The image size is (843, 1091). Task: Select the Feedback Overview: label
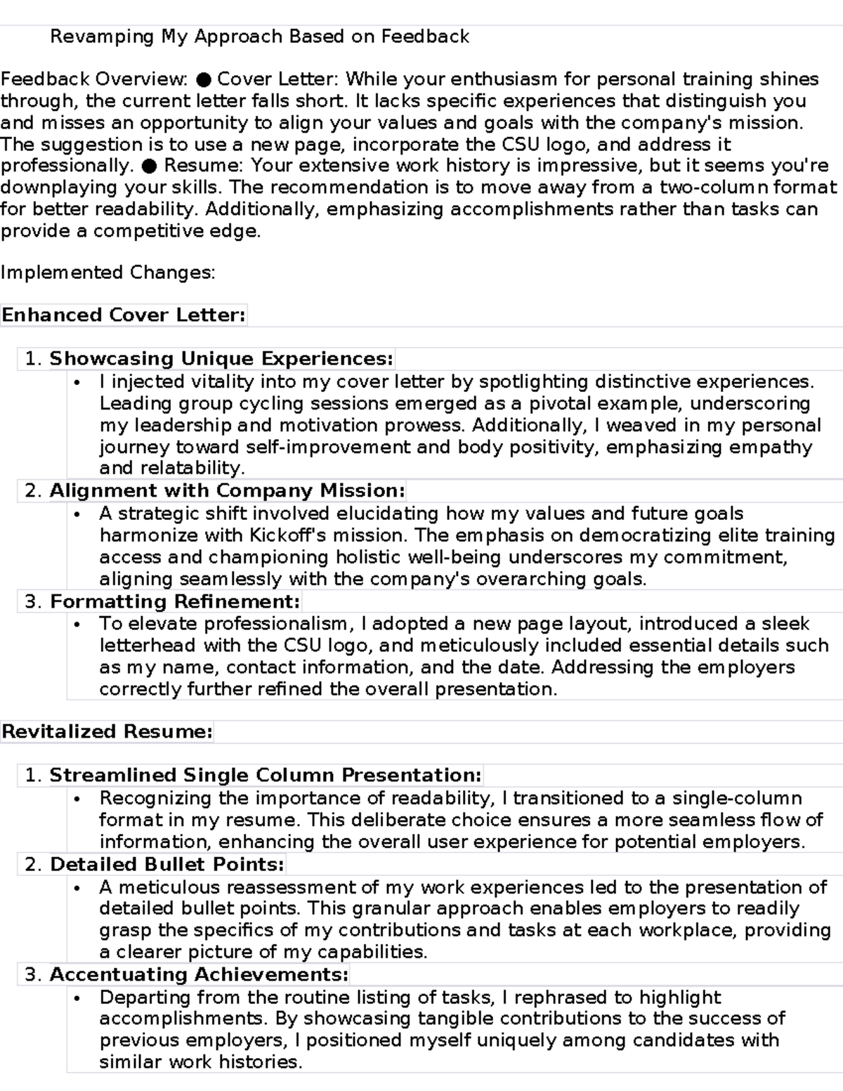tap(94, 79)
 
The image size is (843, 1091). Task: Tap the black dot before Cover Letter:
tap(203, 79)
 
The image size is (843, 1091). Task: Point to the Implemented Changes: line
tap(107, 273)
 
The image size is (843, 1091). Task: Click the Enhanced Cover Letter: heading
tap(124, 315)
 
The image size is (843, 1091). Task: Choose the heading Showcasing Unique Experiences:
tap(221, 359)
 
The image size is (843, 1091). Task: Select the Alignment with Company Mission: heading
tap(227, 490)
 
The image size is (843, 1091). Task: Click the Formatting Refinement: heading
tap(175, 601)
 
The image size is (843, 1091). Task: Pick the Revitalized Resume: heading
tap(107, 732)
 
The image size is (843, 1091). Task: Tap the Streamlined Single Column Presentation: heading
tap(266, 776)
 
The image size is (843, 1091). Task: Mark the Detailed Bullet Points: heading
tap(167, 864)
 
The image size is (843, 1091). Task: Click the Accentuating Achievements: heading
tap(200, 975)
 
